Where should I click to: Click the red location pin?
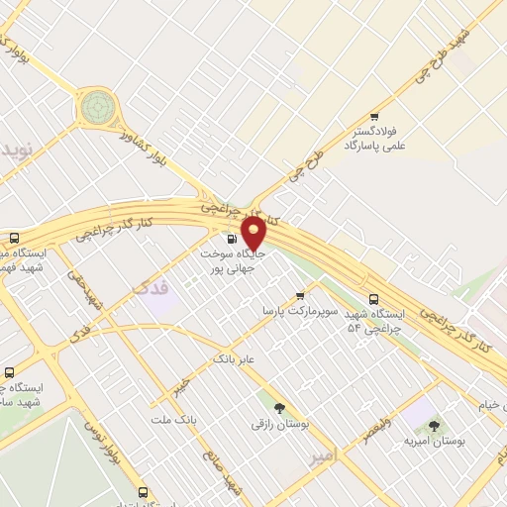pyautogui.click(x=253, y=234)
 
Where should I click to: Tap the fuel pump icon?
pyautogui.click(x=232, y=238)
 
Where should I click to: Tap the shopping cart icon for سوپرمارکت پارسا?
pyautogui.click(x=300, y=295)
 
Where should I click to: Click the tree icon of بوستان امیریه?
pyautogui.click(x=434, y=425)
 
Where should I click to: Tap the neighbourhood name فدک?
pyautogui.click(x=150, y=288)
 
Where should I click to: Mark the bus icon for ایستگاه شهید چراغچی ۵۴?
pyautogui.click(x=373, y=299)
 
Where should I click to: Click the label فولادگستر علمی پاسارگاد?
pyautogui.click(x=366, y=138)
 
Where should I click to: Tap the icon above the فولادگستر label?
pyautogui.click(x=373, y=116)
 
